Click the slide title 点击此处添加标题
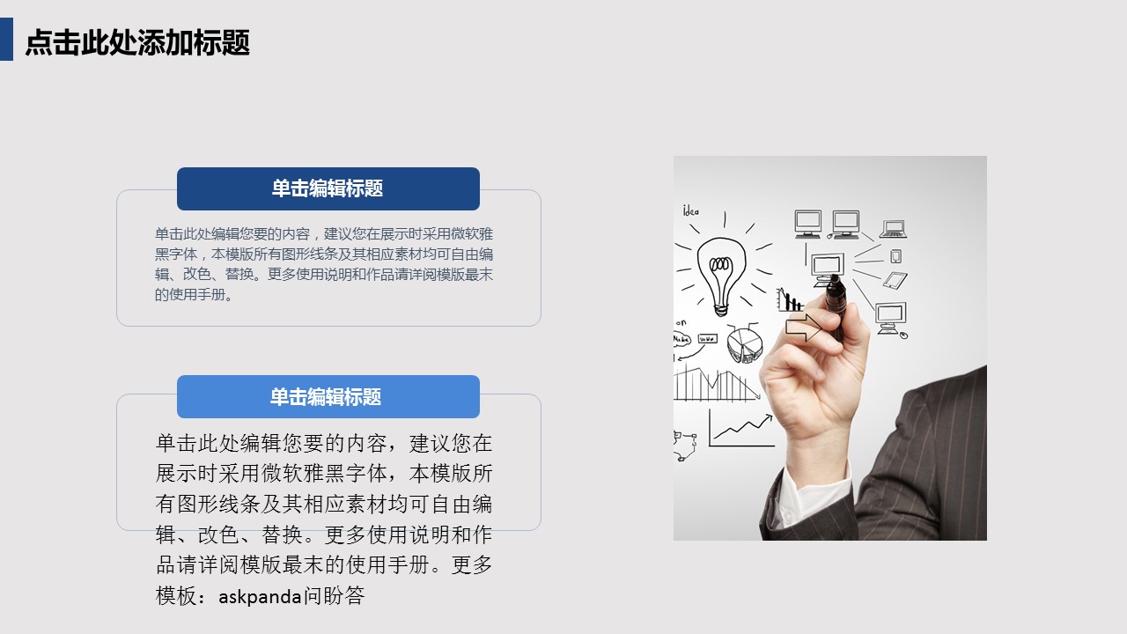137,41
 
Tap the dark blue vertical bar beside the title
6,40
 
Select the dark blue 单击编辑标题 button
328,188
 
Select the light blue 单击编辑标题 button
328,396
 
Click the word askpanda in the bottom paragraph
260,597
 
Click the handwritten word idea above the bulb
691,210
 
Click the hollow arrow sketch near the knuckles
804,327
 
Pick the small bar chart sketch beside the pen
790,300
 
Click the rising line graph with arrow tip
741,431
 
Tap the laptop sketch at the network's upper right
893,229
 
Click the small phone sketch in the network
895,256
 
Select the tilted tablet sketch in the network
895,280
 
